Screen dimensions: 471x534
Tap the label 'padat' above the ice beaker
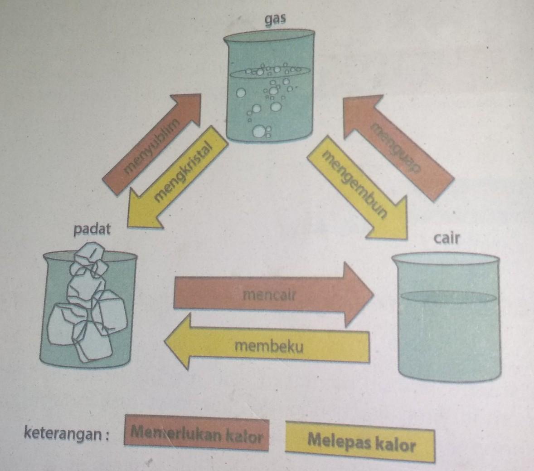click(92, 230)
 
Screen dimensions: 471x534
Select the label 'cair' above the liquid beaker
click(447, 238)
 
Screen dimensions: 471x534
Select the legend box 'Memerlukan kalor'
click(196, 435)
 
